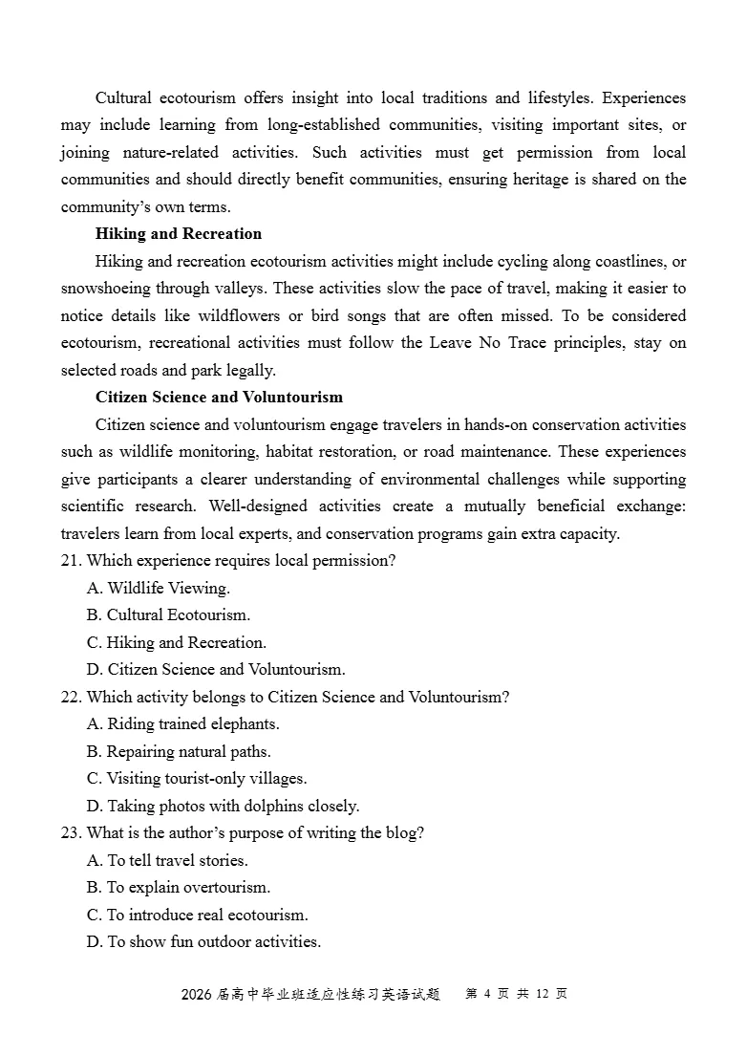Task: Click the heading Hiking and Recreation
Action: [178, 234]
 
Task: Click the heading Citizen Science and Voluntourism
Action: [219, 398]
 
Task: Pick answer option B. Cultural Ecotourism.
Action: [168, 615]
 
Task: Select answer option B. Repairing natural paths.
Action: [179, 752]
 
